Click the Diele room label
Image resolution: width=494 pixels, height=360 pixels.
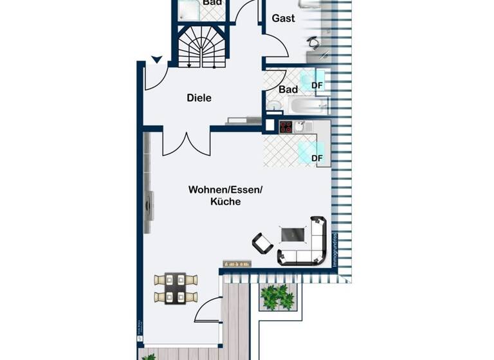199,98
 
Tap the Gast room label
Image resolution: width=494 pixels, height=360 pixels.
283,18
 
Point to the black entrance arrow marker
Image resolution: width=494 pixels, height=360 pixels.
156,60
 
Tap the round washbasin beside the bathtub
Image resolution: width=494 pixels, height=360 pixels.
274,104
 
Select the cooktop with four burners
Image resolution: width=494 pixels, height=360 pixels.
286,127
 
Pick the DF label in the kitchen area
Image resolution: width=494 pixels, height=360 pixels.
317,158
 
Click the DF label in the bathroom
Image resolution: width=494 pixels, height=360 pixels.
317,85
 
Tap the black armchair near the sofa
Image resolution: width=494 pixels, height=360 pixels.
262,242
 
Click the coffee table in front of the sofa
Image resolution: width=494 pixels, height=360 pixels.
293,235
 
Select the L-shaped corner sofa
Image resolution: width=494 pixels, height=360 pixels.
311,244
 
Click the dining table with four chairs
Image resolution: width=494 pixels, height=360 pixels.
175,287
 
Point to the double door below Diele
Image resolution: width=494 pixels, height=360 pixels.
186,144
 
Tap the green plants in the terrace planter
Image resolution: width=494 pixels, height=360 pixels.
277,296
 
